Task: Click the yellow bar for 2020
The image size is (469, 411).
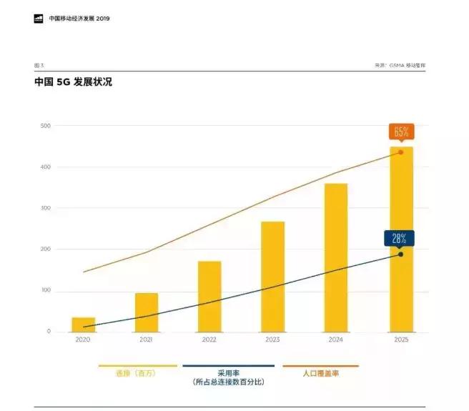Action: [x=84, y=325]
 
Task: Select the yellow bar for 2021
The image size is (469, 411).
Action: [x=147, y=312]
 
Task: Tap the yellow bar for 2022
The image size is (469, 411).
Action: [x=209, y=297]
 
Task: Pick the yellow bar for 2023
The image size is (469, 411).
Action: [x=272, y=277]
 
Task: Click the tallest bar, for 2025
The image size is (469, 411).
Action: [x=400, y=239]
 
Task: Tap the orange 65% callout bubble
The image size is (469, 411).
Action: [x=400, y=132]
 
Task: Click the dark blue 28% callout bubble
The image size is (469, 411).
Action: [x=399, y=238]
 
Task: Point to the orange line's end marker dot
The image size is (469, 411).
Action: [x=400, y=152]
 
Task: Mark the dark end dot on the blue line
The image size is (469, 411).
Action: [x=400, y=254]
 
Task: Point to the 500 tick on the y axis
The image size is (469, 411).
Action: [x=46, y=126]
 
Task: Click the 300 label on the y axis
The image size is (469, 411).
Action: [x=46, y=208]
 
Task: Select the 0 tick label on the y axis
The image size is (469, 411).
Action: [x=49, y=332]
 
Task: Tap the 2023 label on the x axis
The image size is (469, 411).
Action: [x=272, y=340]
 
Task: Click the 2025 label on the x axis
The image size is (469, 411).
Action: [x=400, y=340]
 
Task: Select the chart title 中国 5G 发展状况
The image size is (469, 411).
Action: [x=73, y=82]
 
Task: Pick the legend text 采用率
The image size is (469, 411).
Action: [x=228, y=373]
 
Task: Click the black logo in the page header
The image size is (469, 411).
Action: [x=39, y=19]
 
